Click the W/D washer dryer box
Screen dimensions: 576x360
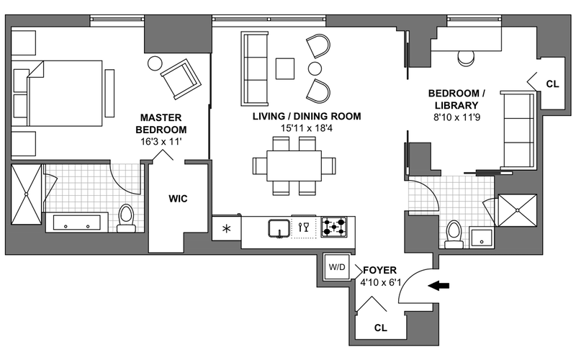(x=337, y=267)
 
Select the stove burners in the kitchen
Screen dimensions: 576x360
(x=334, y=228)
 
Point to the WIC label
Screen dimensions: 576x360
(x=178, y=199)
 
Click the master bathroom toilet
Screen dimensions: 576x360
(x=127, y=216)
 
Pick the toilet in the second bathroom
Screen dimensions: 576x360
(x=454, y=233)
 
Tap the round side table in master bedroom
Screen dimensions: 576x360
(x=156, y=63)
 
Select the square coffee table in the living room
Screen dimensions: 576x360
(x=286, y=68)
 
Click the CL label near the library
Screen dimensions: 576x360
(x=552, y=84)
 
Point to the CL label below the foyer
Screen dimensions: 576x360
(x=381, y=328)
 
